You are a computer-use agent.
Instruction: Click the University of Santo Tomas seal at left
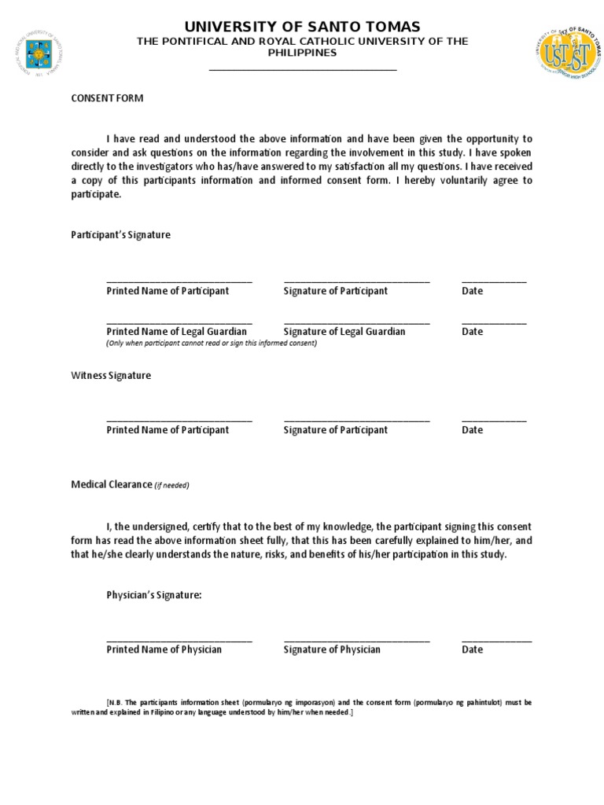point(37,53)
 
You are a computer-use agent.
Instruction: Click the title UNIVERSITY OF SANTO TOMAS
point(303,27)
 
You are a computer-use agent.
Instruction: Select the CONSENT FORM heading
point(107,98)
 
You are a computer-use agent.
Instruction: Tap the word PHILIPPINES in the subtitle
point(303,53)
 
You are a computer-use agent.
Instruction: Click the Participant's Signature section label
point(120,235)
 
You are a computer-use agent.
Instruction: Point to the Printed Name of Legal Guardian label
point(176,332)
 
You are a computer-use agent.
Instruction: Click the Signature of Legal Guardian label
point(344,332)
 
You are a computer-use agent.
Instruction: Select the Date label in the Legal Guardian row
point(472,332)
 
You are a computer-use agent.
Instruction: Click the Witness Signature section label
point(111,376)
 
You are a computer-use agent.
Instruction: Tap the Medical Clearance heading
point(111,485)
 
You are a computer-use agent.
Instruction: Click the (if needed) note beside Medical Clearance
point(171,486)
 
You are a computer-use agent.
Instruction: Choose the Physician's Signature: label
point(154,595)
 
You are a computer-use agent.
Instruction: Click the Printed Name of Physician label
point(164,649)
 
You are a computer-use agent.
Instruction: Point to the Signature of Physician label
point(332,649)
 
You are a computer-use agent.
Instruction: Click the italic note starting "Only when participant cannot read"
point(212,344)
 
